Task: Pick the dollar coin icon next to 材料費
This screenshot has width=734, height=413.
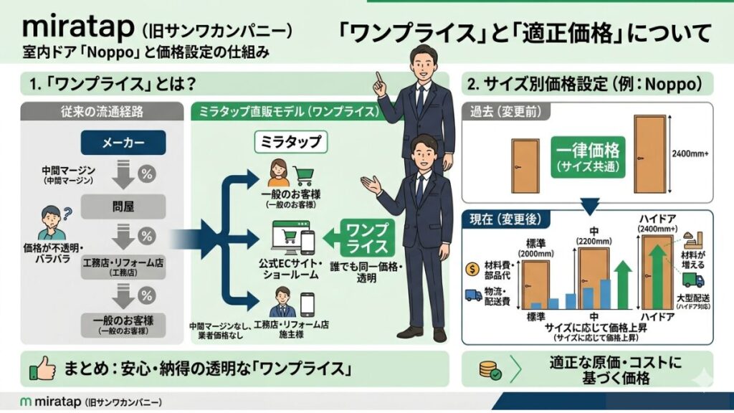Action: (x=472, y=268)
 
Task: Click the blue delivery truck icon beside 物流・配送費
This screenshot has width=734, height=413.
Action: (x=473, y=294)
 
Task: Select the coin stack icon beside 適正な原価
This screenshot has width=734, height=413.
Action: (x=490, y=370)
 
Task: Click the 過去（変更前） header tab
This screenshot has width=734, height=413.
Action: (x=505, y=113)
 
